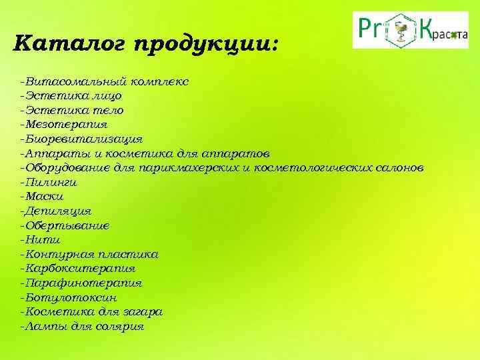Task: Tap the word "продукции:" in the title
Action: pyautogui.click(x=207, y=46)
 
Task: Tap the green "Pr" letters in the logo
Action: pyautogui.click(x=371, y=30)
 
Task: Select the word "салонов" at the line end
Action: pyautogui.click(x=399, y=168)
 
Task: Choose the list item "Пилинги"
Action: pyautogui.click(x=51, y=182)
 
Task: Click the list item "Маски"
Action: pyautogui.click(x=45, y=197)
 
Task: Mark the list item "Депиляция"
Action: pyautogui.click(x=58, y=211)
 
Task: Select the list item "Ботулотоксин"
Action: pyautogui.click(x=71, y=298)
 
